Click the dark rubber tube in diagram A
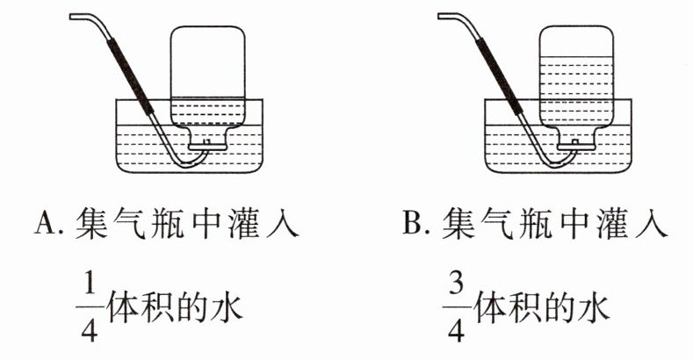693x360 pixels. pyautogui.click(x=131, y=77)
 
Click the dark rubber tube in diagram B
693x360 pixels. pyautogui.click(x=499, y=77)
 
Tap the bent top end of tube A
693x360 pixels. pyautogui.click(x=74, y=17)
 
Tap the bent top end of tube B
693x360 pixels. pyautogui.click(x=441, y=17)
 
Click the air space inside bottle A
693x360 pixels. pyautogui.click(x=207, y=61)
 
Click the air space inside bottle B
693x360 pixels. pyautogui.click(x=576, y=41)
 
